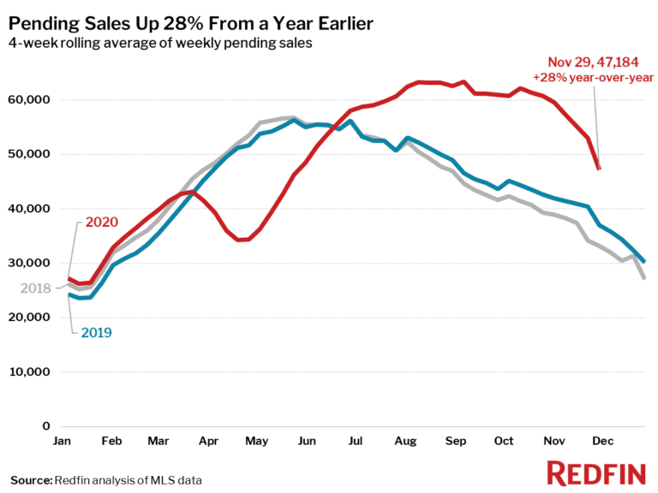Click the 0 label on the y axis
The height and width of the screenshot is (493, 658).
47,426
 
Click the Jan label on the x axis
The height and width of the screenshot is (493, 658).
62,442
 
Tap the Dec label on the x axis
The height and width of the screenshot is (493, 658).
602,442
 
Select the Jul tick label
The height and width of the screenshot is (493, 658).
353,442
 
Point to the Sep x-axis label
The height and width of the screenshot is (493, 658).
455,442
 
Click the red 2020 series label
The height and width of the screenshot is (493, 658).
102,223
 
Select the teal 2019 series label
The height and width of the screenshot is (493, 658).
97,332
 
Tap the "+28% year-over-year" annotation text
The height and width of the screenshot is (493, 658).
593,77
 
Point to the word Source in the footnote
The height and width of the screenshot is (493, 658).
31,479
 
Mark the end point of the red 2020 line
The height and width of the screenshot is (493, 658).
599,169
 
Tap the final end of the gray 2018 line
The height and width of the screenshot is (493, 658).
643,278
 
